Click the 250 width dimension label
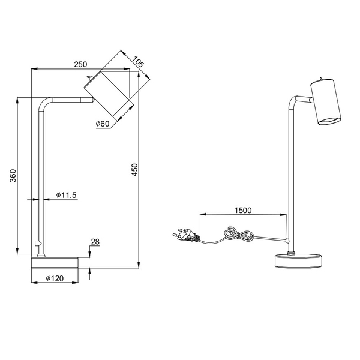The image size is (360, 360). (80, 64)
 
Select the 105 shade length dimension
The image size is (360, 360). (138, 62)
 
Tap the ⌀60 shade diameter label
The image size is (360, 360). (103, 124)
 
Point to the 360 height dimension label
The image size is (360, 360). (13, 176)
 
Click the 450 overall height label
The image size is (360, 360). (135, 170)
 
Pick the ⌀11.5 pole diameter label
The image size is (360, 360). (66, 195)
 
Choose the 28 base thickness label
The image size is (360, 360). (95, 242)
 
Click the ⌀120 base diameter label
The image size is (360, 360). (55, 278)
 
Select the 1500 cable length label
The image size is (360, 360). (243, 211)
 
